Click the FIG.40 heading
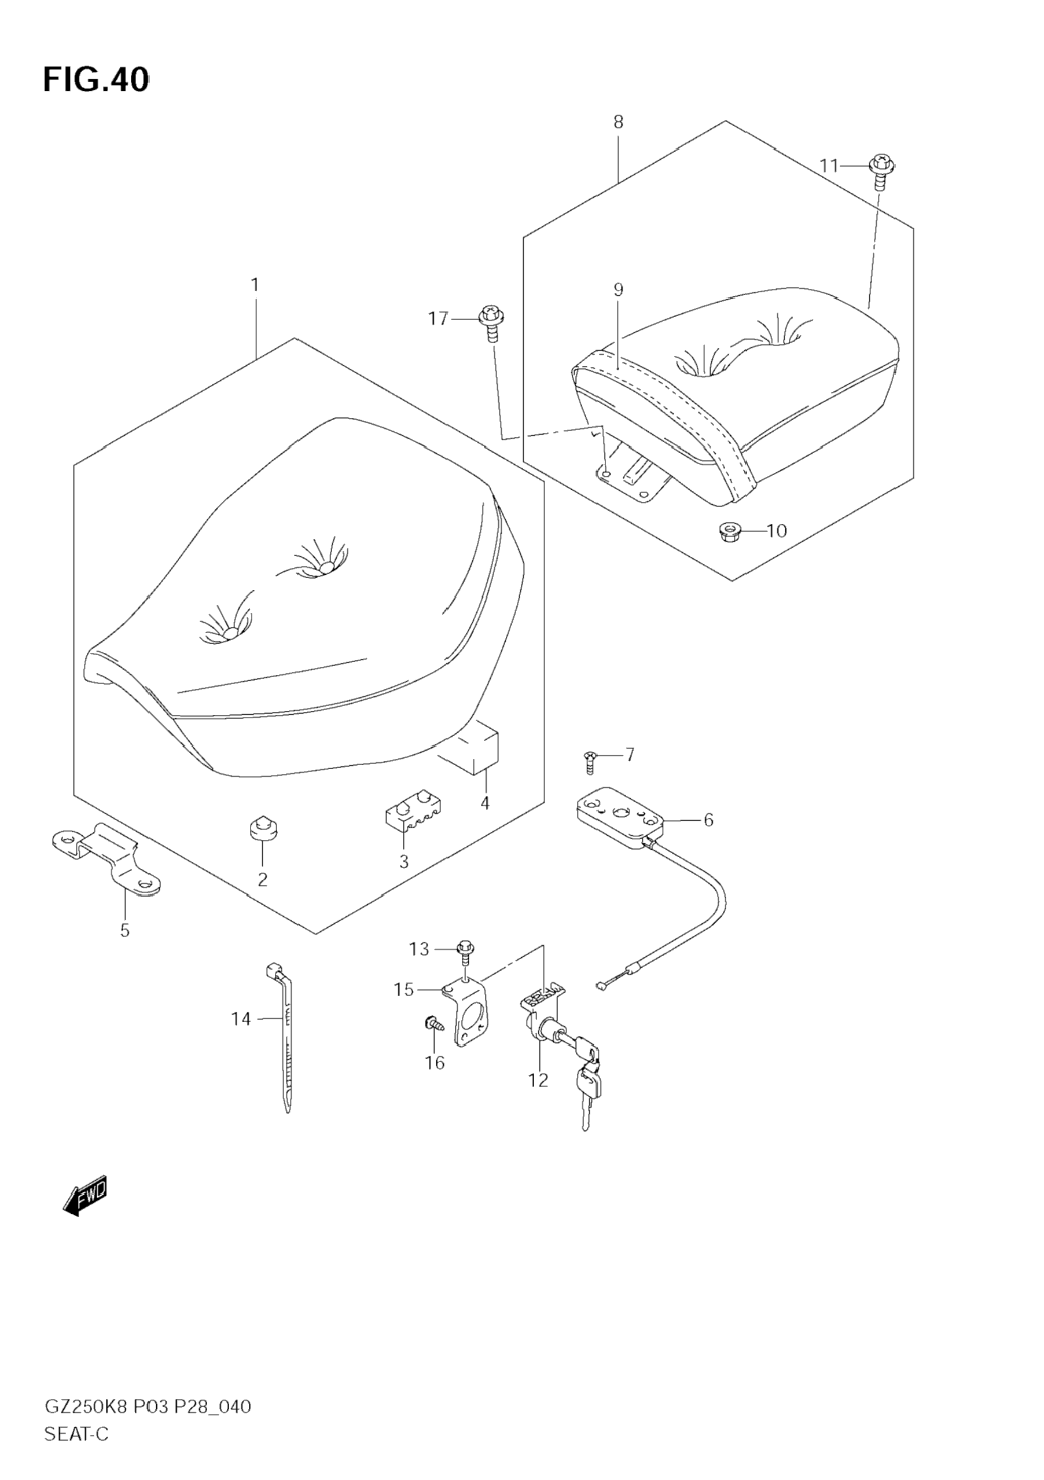tap(95, 80)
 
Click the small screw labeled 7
tap(590, 762)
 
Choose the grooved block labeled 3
tap(413, 810)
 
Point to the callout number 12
tap(538, 1081)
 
